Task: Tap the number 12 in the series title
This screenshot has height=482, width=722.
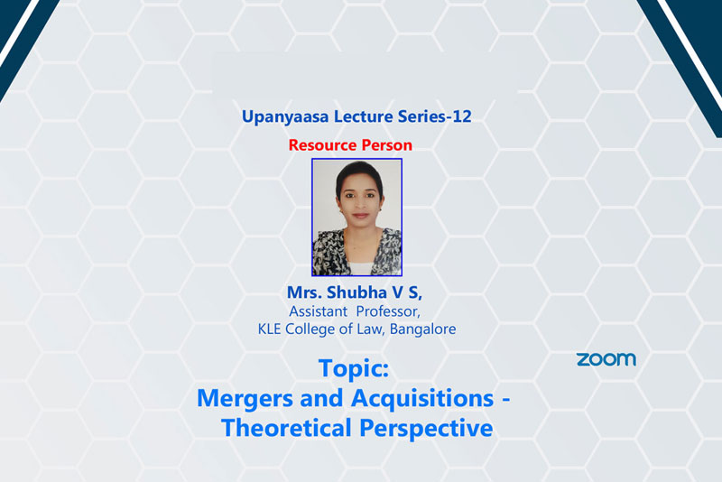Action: (x=461, y=116)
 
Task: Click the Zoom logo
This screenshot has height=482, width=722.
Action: (x=606, y=359)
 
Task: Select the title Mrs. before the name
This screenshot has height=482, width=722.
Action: (x=304, y=292)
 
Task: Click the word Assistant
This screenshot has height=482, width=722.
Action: (x=319, y=311)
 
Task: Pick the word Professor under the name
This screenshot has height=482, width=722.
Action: (x=388, y=311)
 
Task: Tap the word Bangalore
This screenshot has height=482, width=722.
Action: (x=422, y=329)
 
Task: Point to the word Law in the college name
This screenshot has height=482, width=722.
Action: (x=371, y=329)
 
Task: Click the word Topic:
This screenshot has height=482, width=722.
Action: (x=354, y=369)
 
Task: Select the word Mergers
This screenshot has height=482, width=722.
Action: (x=245, y=399)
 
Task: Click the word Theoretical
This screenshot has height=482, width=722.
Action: (x=287, y=428)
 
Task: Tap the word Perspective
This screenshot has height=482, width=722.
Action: (x=426, y=429)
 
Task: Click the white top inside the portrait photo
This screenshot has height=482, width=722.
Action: (x=359, y=268)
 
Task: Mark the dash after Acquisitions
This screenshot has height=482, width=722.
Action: (x=505, y=401)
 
